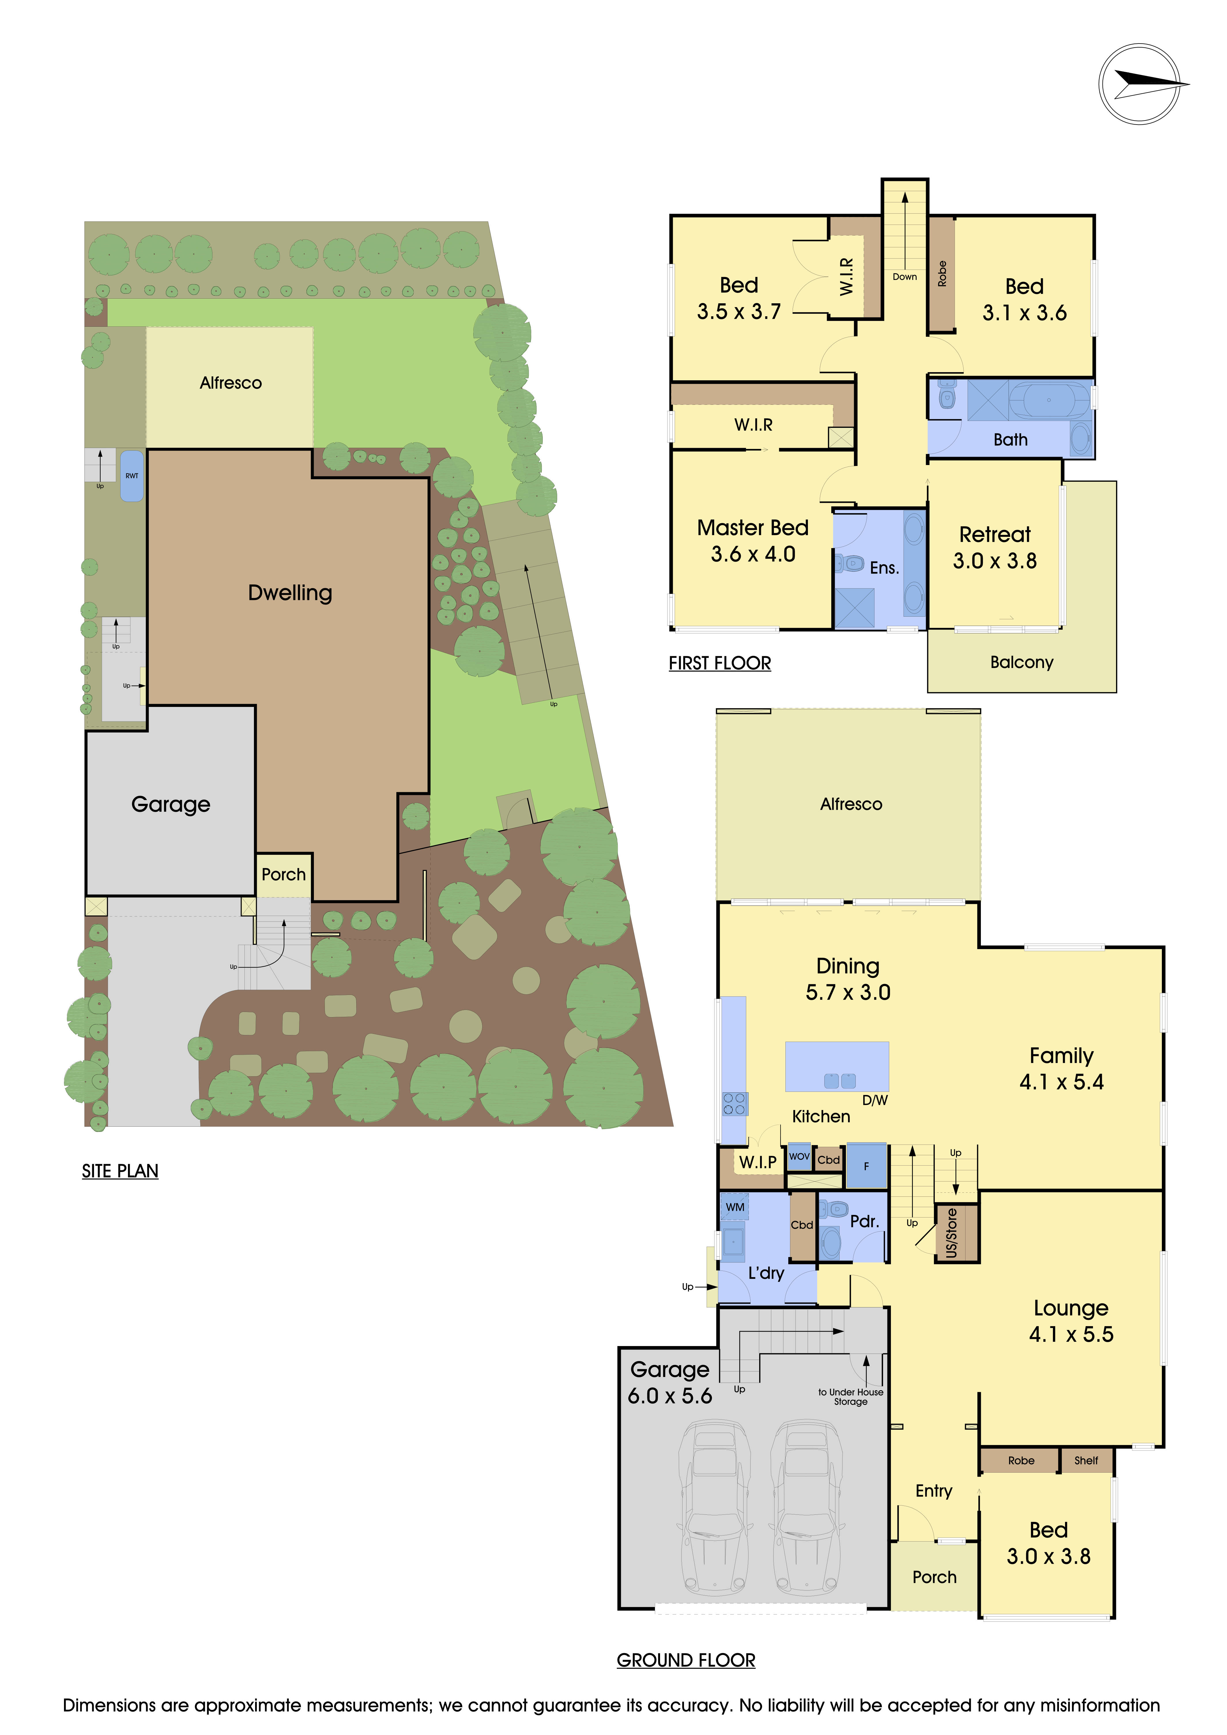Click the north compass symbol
pyautogui.click(x=1139, y=84)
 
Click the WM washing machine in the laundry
pyautogui.click(x=734, y=1207)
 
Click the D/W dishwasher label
pyautogui.click(x=875, y=1100)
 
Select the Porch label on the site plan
pyautogui.click(x=283, y=874)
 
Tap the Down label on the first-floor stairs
pyautogui.click(x=904, y=276)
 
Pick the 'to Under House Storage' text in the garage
pyautogui.click(x=851, y=1397)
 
